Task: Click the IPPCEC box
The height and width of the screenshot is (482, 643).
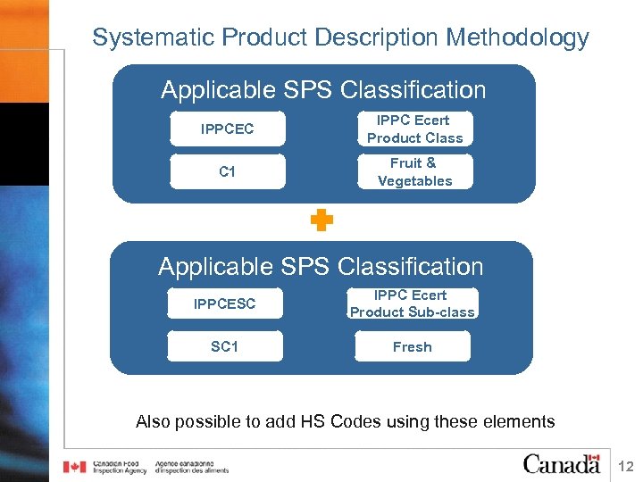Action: [x=227, y=129]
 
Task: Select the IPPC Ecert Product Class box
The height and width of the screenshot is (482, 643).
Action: [x=414, y=129]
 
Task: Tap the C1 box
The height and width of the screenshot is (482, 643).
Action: [x=227, y=171]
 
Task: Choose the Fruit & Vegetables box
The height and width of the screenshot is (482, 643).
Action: [x=414, y=171]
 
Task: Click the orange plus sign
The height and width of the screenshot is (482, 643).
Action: [x=321, y=221]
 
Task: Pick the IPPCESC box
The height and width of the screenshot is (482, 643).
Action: [x=224, y=303]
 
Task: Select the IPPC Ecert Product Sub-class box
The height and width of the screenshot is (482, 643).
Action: [x=412, y=303]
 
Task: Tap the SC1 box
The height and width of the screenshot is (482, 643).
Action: [x=224, y=346]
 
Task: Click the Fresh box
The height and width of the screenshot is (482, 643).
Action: [x=412, y=346]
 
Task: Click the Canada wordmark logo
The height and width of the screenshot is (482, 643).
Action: [x=562, y=463]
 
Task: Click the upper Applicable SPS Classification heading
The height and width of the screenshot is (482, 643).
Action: [x=323, y=90]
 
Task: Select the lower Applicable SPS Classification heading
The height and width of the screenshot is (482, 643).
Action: [x=321, y=266]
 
